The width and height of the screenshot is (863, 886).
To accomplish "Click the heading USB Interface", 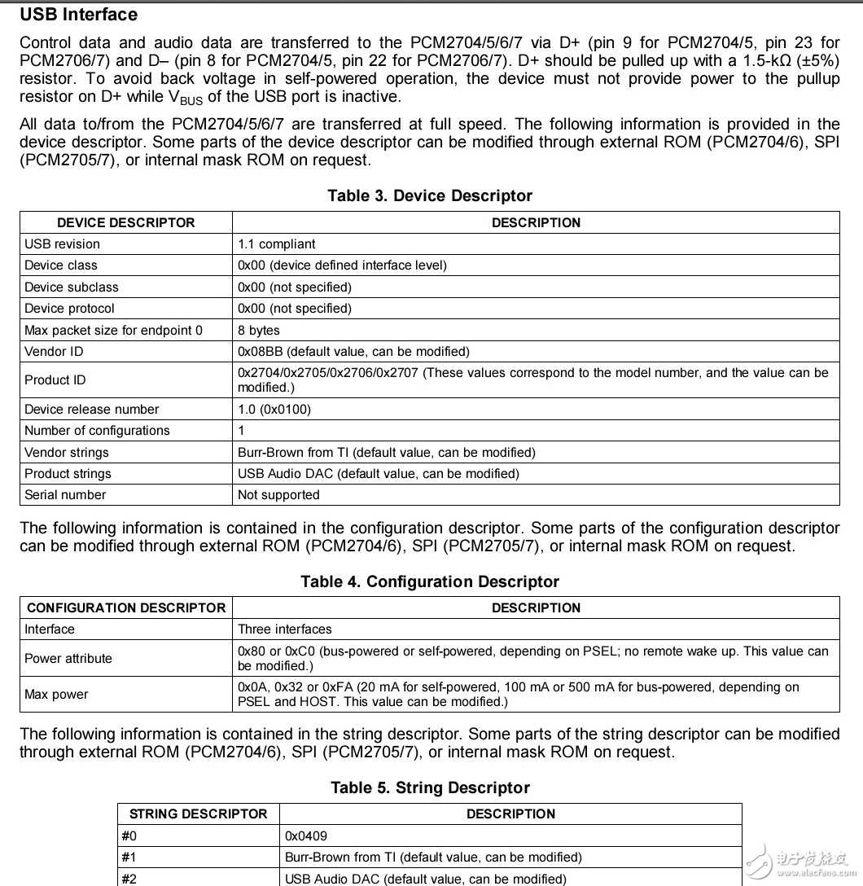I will tap(78, 15).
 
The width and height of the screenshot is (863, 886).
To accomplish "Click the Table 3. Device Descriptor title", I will tap(430, 195).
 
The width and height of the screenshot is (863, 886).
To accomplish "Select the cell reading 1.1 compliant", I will tap(277, 243).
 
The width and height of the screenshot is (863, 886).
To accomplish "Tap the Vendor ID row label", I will tap(54, 351).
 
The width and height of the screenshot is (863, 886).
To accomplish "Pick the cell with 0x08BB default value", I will tap(353, 351).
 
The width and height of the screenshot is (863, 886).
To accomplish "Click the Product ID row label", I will tap(55, 379).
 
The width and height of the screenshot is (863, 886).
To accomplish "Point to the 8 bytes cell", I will tap(259, 330).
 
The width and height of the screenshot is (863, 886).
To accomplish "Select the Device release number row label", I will tap(92, 409).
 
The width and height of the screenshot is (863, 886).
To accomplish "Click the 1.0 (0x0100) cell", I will tap(274, 409).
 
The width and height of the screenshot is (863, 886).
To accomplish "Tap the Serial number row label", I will tap(65, 494).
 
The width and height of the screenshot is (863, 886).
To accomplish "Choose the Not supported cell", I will tap(278, 494).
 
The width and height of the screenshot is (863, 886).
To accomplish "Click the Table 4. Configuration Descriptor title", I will tap(430, 581).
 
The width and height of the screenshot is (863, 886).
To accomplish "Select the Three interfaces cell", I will tap(285, 629).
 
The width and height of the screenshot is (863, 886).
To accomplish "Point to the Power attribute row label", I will tap(68, 658).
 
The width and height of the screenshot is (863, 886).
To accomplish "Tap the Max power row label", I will tap(56, 694).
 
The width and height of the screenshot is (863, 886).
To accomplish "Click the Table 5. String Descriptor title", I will tap(430, 787).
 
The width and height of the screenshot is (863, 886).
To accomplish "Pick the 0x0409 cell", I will tap(307, 836).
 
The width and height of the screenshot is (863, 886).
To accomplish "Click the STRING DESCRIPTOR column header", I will tap(199, 814).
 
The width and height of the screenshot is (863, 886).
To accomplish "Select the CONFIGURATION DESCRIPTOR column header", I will tap(126, 607).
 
